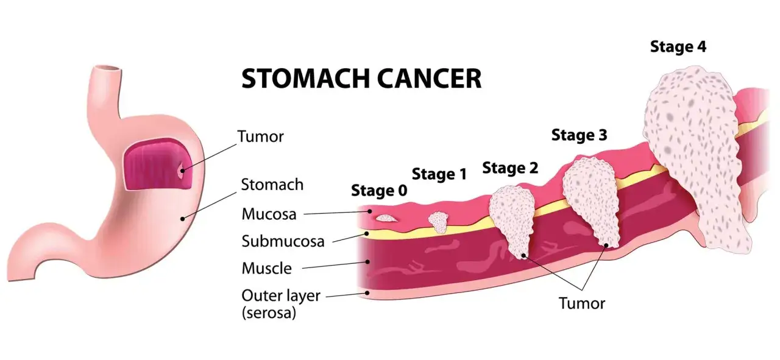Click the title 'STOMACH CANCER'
coord(361,79)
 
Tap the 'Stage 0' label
coord(379,191)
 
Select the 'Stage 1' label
coord(439,174)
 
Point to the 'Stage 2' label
coord(510,168)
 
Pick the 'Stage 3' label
coord(579,135)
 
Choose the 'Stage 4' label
coord(678,47)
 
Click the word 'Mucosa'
coord(269,214)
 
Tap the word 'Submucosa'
coord(283,241)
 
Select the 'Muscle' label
coord(267,269)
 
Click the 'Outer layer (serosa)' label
coord(281,304)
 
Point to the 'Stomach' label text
coord(272,185)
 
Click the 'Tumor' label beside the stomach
coord(260,136)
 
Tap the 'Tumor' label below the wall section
coord(582,303)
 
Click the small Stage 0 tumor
coord(385,218)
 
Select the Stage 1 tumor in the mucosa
coord(438,222)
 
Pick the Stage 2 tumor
coord(512,219)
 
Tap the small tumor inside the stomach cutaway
coord(182,171)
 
